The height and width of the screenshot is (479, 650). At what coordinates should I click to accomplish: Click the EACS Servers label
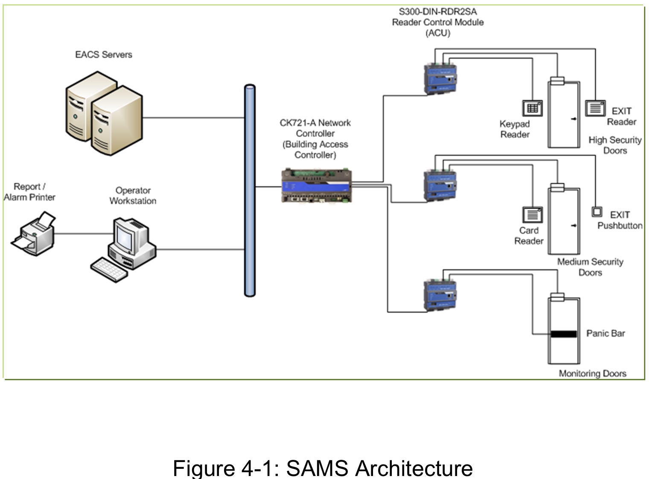(x=103, y=55)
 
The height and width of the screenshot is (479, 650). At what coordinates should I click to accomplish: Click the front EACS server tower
(x=116, y=121)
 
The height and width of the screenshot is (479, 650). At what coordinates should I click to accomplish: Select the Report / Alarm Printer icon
(x=33, y=235)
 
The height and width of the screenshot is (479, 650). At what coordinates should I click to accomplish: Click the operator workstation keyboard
(x=108, y=270)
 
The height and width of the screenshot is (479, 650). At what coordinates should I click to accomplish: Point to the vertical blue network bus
(x=250, y=190)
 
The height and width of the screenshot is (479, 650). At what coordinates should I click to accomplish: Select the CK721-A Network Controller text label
(x=315, y=139)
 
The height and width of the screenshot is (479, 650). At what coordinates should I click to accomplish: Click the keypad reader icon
(x=532, y=108)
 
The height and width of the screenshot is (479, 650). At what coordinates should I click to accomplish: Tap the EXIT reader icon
(x=595, y=108)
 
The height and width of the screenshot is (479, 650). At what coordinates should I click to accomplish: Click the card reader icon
(x=532, y=215)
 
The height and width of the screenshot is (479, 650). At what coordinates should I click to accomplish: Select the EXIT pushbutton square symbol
(x=597, y=212)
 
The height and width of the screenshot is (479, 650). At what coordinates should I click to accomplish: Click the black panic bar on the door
(x=563, y=334)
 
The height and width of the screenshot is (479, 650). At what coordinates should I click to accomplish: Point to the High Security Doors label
(x=615, y=145)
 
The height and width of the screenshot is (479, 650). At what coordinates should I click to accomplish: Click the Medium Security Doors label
(x=590, y=267)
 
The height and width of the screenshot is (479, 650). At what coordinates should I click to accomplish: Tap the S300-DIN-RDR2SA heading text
(x=437, y=12)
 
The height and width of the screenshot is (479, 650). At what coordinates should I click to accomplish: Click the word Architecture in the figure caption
(x=414, y=468)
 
